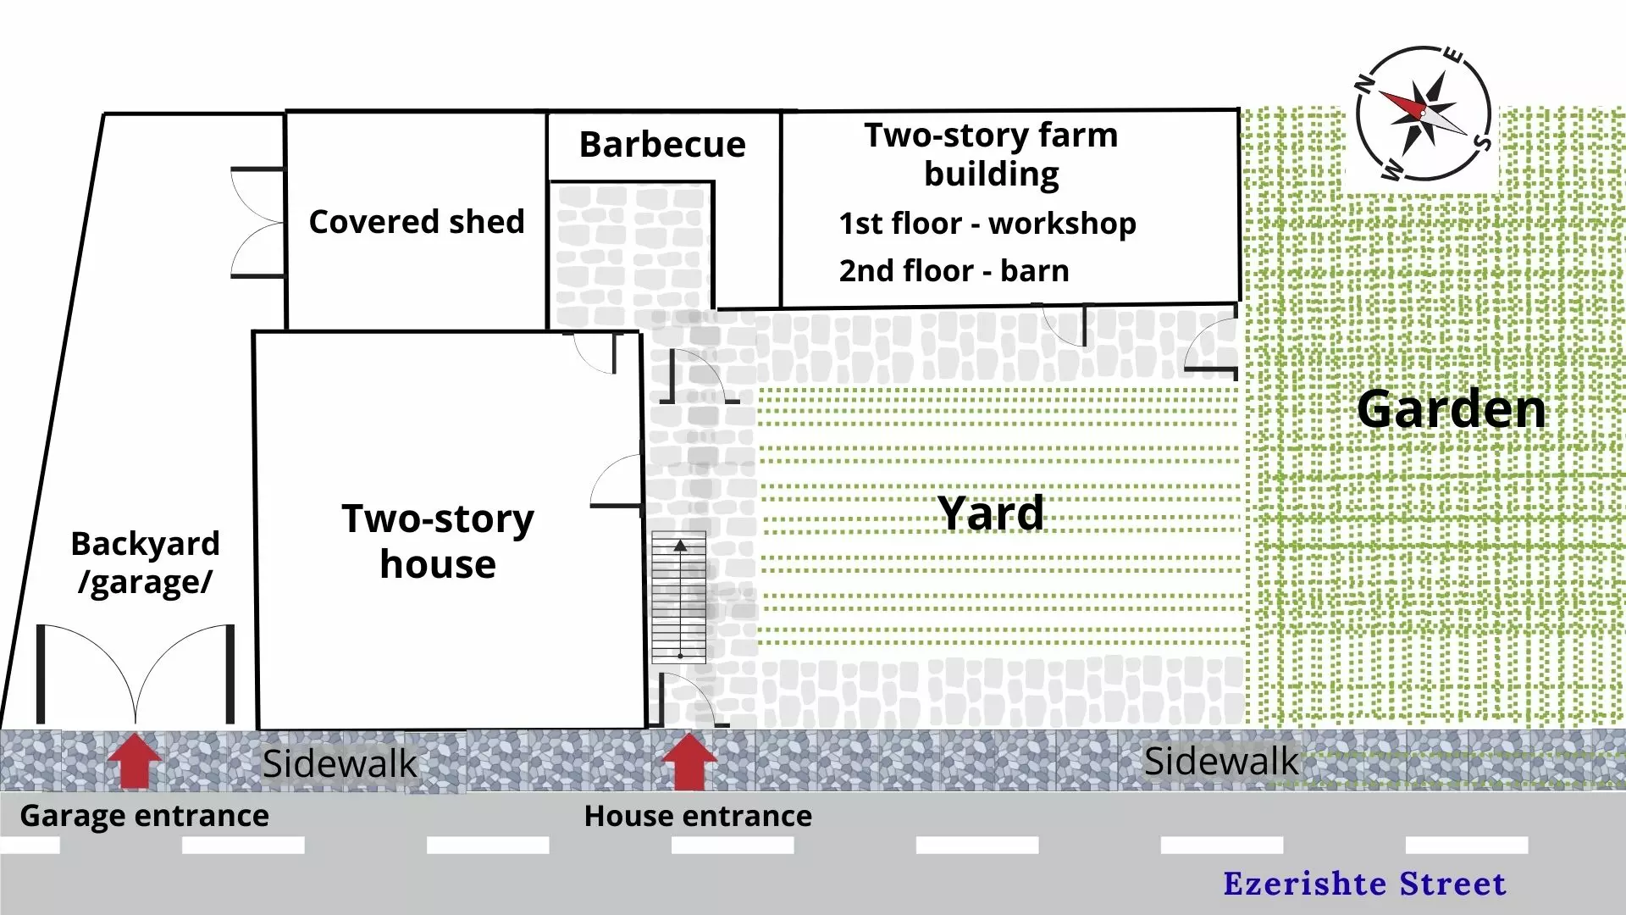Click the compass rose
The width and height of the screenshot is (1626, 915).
coord(1423,114)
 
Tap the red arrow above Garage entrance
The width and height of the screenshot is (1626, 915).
coord(135,761)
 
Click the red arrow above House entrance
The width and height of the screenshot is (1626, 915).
coord(689,761)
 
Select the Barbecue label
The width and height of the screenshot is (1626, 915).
coord(662,145)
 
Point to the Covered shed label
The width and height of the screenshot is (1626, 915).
coord(417,222)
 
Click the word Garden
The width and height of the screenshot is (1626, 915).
coord(1452,409)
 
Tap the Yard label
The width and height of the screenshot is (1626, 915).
coord(991,513)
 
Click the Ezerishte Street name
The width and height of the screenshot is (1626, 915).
coord(1365,884)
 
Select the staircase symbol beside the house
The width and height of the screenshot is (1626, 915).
coord(679,597)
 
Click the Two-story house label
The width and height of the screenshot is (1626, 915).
coord(438,541)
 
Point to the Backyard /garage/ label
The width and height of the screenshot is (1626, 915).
coord(146,563)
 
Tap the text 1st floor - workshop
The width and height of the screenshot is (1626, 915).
coord(987,224)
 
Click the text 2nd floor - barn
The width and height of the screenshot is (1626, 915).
coord(954,271)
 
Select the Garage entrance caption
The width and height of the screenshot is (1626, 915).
coord(144,816)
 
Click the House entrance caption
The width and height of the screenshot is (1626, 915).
coord(698,816)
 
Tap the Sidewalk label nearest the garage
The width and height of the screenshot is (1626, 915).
coord(340,764)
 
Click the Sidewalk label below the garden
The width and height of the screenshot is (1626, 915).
coord(1221,762)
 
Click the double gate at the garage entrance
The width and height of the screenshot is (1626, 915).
coord(135,674)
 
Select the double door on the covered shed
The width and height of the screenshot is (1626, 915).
coord(257,223)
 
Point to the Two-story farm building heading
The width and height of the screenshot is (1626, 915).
coord(991,154)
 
